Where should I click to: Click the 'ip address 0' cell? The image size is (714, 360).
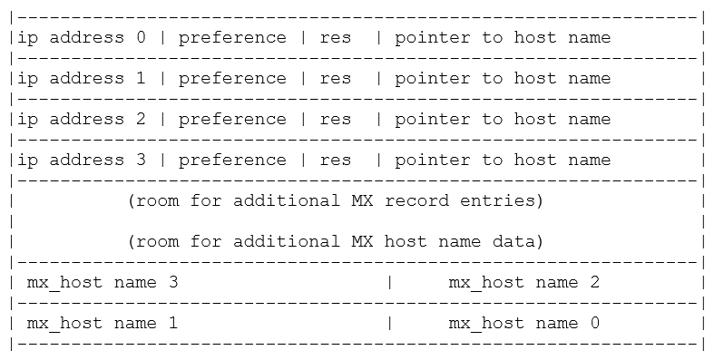(81, 38)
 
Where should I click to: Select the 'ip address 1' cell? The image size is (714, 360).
(81, 79)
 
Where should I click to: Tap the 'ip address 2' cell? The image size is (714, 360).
(81, 120)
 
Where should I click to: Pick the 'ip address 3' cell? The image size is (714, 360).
(81, 161)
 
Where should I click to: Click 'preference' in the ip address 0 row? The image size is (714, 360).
(231, 38)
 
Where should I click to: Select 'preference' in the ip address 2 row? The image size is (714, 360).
(231, 120)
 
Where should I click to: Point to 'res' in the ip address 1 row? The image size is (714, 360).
(335, 79)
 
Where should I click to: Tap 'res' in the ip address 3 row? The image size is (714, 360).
(335, 161)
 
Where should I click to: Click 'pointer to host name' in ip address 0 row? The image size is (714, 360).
(503, 38)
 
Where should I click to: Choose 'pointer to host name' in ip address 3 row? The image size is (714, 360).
(503, 161)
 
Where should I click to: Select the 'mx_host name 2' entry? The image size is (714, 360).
(523, 283)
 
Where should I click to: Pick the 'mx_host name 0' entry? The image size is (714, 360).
(523, 324)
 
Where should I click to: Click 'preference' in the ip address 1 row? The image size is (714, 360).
(231, 79)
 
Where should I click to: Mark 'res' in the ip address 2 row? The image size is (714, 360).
(335, 120)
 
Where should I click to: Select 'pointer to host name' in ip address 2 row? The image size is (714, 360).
(503, 120)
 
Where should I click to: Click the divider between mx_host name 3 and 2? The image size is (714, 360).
(389, 283)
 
